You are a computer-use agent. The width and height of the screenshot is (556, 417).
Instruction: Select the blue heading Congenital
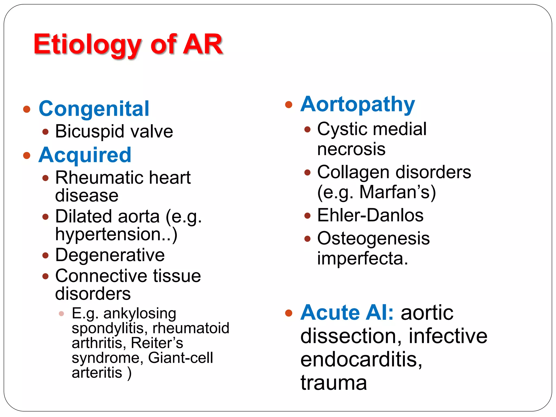pos(94,109)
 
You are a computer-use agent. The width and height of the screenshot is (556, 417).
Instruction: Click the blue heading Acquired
pos(85,155)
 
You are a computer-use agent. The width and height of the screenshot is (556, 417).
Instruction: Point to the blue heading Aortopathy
pos(358,105)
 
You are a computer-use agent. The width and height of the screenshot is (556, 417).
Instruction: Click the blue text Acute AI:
pos(347,313)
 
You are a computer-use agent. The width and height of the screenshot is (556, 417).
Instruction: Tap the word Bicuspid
pos(90,132)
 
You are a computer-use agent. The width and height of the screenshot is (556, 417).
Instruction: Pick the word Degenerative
pos(110,255)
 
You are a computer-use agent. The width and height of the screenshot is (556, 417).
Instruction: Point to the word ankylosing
pos(140,313)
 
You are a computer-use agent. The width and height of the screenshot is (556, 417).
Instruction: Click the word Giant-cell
pos(181,358)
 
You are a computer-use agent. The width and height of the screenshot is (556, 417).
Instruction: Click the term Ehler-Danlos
pos(370,215)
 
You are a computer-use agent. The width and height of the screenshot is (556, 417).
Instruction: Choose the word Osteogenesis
pos(374,238)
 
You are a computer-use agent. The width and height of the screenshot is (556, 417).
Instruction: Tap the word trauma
pos(334,383)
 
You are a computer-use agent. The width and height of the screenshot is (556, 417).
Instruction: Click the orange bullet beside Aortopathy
pos(289,105)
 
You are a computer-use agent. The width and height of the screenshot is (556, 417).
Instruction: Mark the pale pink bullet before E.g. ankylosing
pos(61,314)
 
